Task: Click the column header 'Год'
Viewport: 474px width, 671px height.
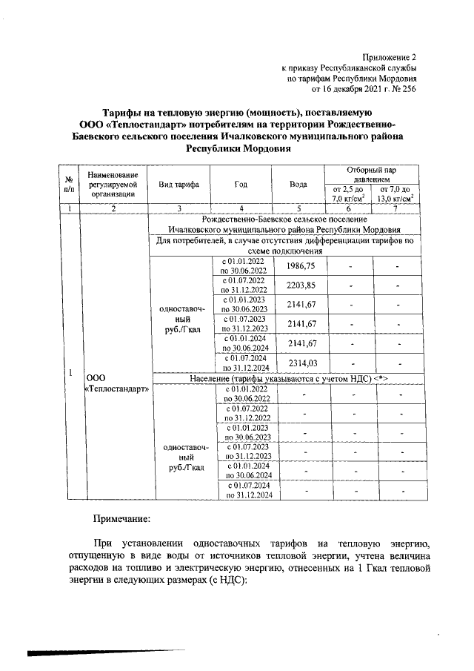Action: [x=240, y=185]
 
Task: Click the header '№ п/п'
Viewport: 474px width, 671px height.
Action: [x=68, y=185]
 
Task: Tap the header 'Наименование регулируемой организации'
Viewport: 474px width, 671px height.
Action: [x=115, y=184]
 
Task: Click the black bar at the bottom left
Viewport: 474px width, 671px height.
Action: [x=74, y=653]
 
